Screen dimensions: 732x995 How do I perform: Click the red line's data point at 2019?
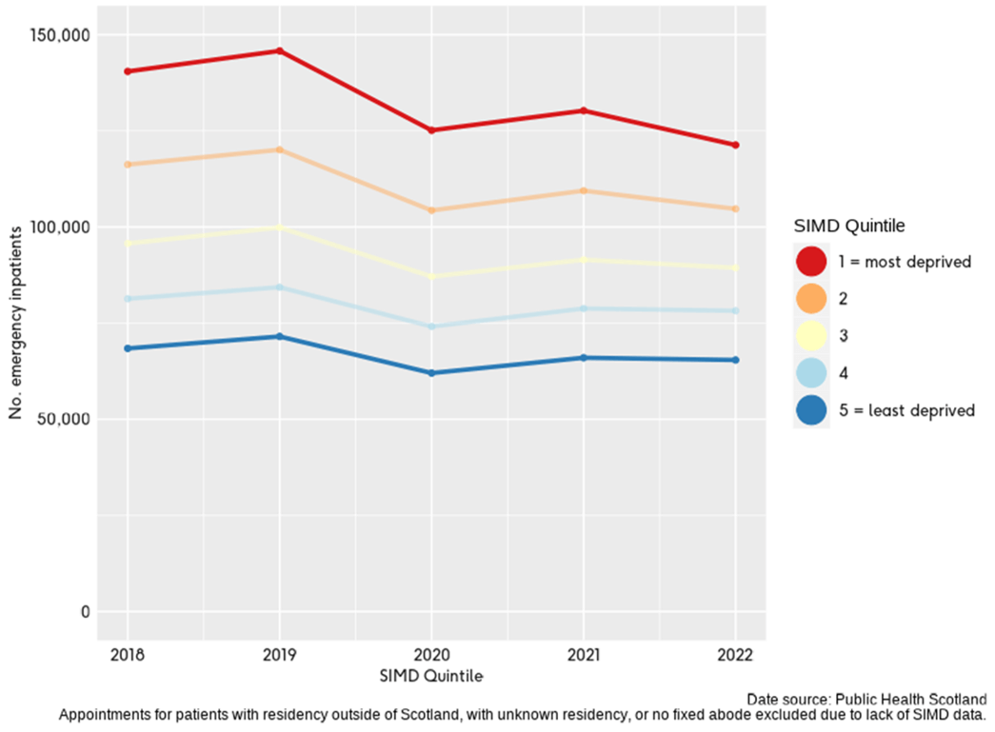(279, 50)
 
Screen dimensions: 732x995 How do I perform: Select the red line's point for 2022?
(735, 145)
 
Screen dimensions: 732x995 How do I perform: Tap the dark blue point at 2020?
(431, 373)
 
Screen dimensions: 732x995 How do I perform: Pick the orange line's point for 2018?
(128, 165)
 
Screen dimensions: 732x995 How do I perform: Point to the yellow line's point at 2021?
(583, 260)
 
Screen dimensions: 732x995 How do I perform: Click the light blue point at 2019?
(279, 287)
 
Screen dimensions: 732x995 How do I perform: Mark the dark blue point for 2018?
(128, 348)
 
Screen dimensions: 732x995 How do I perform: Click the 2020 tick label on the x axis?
(431, 656)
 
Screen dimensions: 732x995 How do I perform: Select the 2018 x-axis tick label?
(128, 656)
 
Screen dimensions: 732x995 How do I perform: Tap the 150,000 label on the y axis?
(62, 35)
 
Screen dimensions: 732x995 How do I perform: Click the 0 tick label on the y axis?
(85, 611)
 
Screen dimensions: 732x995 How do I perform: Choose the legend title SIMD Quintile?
(848, 226)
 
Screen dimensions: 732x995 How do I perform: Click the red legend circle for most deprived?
(811, 261)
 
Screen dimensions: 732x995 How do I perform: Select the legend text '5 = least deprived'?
(907, 410)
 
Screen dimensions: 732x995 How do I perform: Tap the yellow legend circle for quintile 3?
(811, 336)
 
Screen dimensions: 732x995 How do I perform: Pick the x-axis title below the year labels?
(431, 676)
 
